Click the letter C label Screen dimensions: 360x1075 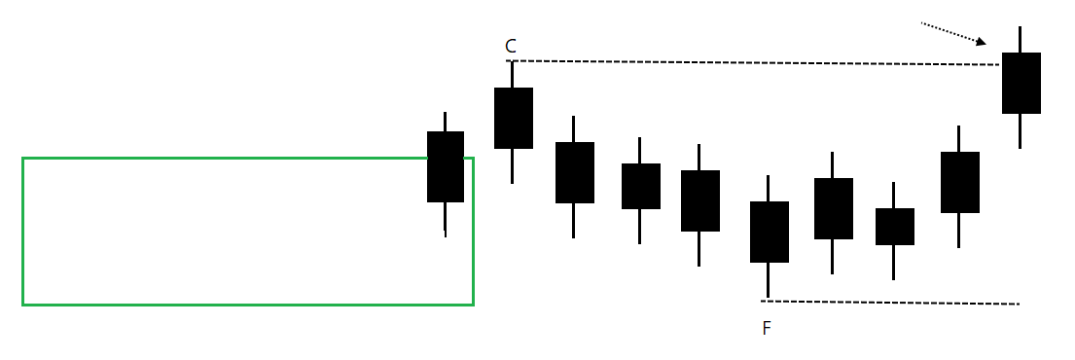(x=511, y=46)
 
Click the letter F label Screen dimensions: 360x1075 (x=767, y=328)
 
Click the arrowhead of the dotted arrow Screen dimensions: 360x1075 (x=981, y=42)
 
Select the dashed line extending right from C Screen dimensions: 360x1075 (x=749, y=63)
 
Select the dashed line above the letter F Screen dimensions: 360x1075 (x=890, y=303)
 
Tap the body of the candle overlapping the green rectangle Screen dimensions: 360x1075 (x=446, y=166)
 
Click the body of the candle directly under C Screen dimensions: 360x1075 (x=514, y=118)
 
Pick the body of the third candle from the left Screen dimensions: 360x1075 (x=575, y=172)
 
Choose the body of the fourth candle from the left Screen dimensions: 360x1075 (x=641, y=186)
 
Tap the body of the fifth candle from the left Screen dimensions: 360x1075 (x=700, y=200)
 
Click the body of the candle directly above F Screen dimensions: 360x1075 (x=770, y=232)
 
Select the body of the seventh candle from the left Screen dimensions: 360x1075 (x=834, y=208)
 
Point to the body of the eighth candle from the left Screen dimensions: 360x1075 (x=895, y=226)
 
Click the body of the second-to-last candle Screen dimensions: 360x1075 (x=960, y=182)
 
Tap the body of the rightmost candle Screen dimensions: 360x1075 (x=1021, y=83)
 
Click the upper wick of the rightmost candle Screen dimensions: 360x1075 (x=1021, y=39)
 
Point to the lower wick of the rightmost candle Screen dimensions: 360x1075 (x=1021, y=131)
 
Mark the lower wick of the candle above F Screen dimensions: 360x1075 (x=769, y=280)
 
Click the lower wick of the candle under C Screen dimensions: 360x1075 (x=513, y=166)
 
